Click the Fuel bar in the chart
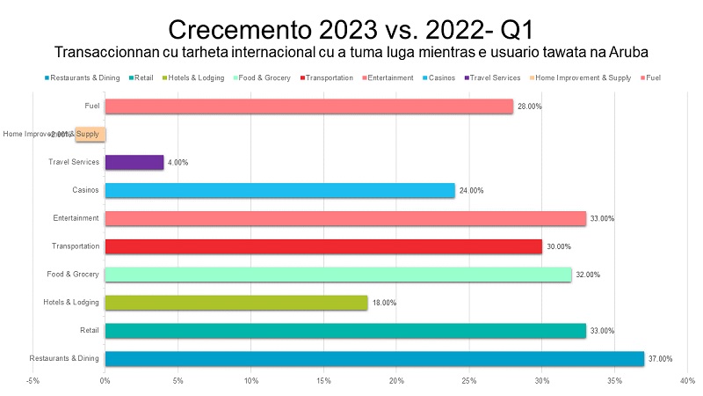(308, 106)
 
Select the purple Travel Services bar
(134, 162)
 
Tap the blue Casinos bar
(279, 190)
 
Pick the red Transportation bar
(323, 246)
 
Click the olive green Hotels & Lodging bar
(236, 303)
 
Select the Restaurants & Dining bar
(373, 358)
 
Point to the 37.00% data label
(660, 359)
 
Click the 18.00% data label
(384, 303)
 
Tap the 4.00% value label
(178, 163)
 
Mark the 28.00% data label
(530, 106)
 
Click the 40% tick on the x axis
(688, 381)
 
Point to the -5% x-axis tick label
(33, 381)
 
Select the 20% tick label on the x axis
(396, 381)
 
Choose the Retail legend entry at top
(143, 78)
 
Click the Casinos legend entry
(439, 78)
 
